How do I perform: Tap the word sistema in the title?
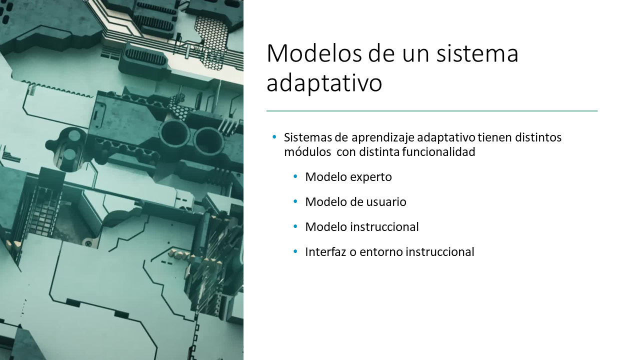tap(477, 53)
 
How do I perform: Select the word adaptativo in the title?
tap(324, 83)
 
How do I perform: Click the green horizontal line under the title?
tap(432, 111)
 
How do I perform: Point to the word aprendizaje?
tap(383, 137)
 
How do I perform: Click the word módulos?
tap(307, 152)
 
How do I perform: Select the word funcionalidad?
tap(438, 152)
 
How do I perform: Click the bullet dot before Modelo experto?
tap(295, 177)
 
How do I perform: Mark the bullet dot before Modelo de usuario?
tap(295, 201)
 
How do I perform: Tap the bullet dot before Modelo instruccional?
tap(295, 227)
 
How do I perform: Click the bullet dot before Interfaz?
tap(295, 251)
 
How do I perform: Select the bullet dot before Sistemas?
tap(274, 137)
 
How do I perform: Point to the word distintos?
tap(538, 137)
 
